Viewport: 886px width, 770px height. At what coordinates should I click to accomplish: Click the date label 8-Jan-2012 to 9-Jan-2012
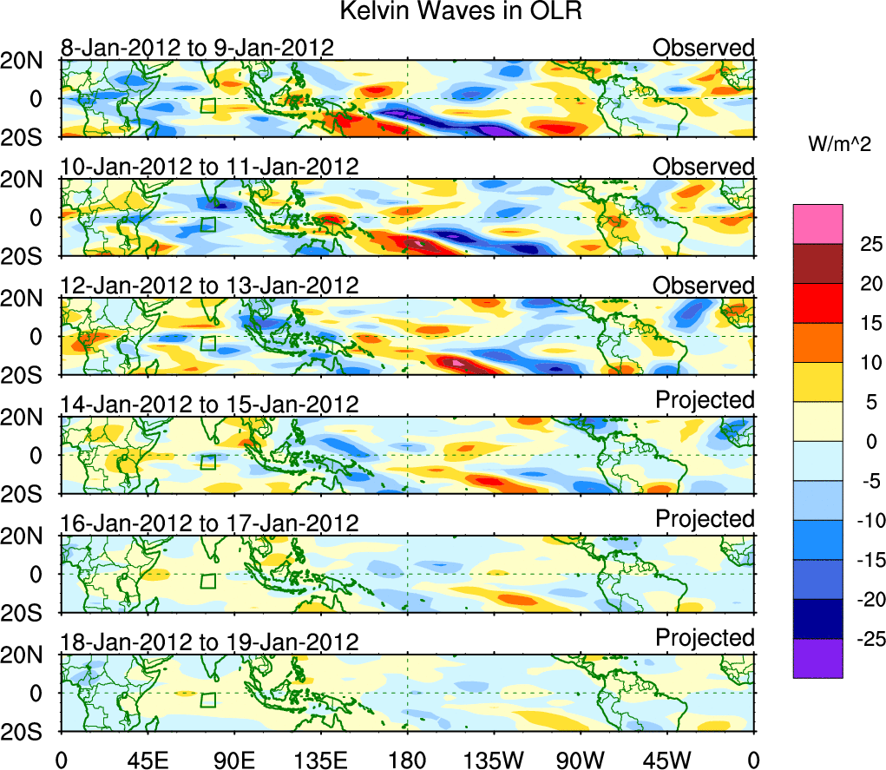pyautogui.click(x=197, y=48)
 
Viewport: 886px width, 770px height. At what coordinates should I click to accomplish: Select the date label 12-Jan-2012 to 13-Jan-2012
pyautogui.click(x=209, y=285)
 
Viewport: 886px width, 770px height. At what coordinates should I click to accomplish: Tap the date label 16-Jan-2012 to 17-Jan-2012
pyautogui.click(x=209, y=523)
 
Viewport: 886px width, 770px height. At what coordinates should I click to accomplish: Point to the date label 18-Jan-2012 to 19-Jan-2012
pyautogui.click(x=209, y=642)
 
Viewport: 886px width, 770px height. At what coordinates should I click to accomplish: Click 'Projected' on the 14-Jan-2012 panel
pyautogui.click(x=705, y=400)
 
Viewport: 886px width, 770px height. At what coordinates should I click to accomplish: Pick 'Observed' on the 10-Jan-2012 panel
pyautogui.click(x=704, y=166)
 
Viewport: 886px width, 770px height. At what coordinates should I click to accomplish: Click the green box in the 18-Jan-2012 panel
pyautogui.click(x=207, y=700)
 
